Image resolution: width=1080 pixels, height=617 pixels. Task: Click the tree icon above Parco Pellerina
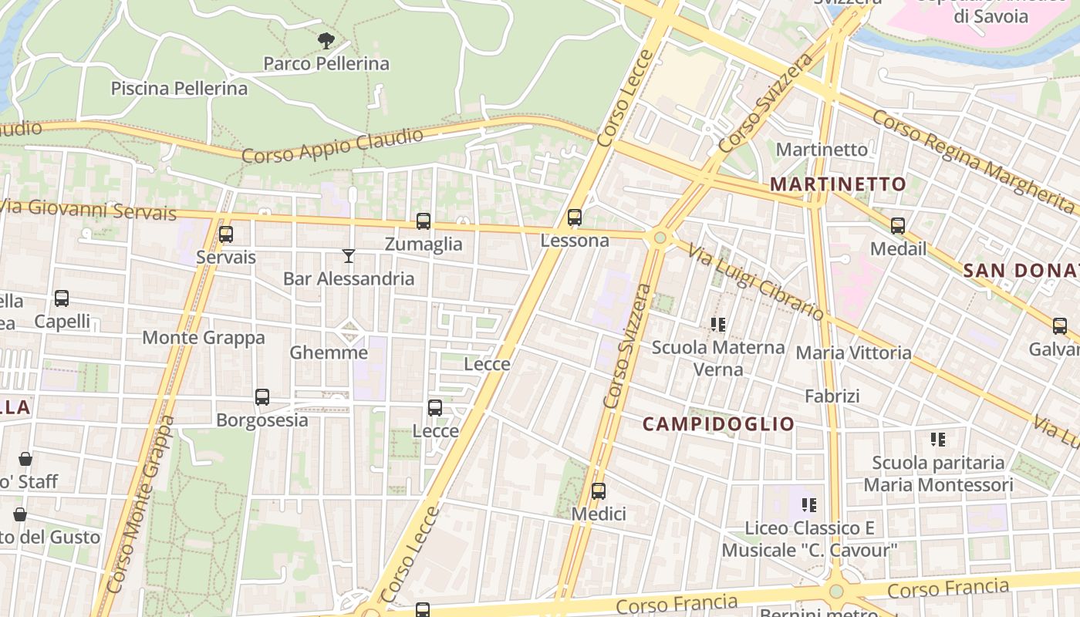coord(326,40)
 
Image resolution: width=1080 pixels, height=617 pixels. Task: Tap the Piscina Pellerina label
coord(179,88)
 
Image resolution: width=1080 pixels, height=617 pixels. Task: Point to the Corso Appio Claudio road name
coord(332,146)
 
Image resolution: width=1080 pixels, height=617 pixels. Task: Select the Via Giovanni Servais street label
coord(88,209)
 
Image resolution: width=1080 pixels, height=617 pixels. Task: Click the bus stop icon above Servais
coord(225,234)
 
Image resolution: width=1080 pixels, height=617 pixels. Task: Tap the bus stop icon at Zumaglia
coord(423,222)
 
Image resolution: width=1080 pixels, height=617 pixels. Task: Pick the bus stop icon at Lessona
coord(575,218)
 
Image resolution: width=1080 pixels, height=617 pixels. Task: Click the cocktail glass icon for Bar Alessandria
coord(349,256)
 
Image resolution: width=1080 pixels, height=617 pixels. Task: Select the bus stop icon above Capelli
coord(62,298)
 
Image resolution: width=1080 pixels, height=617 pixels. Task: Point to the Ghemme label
coord(329,352)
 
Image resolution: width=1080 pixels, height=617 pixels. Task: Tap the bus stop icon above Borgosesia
coord(262,397)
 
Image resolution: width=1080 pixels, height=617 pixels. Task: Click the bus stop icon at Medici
coord(599,491)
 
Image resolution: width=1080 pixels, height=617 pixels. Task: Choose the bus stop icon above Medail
coord(898,226)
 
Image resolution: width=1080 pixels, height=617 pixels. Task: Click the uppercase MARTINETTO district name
coord(838,184)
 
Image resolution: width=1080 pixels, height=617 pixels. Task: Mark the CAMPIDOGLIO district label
coord(718,423)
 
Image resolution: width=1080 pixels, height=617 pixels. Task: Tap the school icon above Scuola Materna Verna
coord(718,325)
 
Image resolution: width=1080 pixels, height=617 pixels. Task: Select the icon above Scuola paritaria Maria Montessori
coord(938,440)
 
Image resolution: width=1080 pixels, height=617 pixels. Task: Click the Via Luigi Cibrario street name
coord(756,282)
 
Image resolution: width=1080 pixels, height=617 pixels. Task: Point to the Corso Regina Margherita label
coord(973,162)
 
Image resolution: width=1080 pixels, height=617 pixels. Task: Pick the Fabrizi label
coord(832,396)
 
